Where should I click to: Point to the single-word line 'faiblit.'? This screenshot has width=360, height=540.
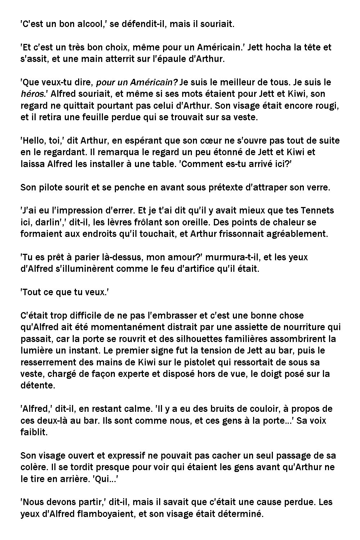pos(34,432)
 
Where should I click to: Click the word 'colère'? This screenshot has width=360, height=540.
pos(33,467)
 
